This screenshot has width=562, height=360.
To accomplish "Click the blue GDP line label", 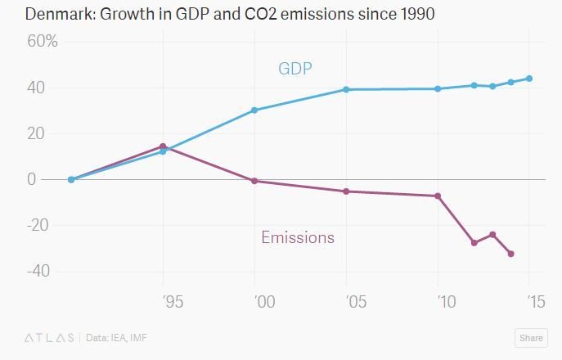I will (x=295, y=68).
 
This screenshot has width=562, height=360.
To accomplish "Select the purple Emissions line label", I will (x=298, y=238).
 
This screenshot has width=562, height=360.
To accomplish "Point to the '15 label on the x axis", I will (x=535, y=302).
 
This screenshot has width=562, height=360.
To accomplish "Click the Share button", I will (x=531, y=338).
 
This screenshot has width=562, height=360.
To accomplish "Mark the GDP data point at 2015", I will (x=529, y=79).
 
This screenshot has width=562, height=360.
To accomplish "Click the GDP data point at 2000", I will (x=254, y=110).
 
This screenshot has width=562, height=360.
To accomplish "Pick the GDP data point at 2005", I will (x=346, y=89).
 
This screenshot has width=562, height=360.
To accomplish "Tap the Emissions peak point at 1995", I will (x=163, y=146).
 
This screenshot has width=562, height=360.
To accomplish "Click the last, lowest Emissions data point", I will (x=511, y=254).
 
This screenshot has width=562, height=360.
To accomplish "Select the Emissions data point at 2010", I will (x=438, y=196).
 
